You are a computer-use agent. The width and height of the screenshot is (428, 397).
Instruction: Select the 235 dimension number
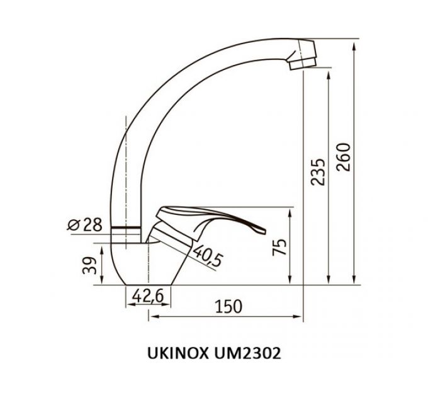pos(319,171)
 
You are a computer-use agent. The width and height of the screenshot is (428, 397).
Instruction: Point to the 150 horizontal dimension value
pos(228,306)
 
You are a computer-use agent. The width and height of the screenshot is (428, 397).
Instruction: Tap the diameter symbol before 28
pos(73,224)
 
